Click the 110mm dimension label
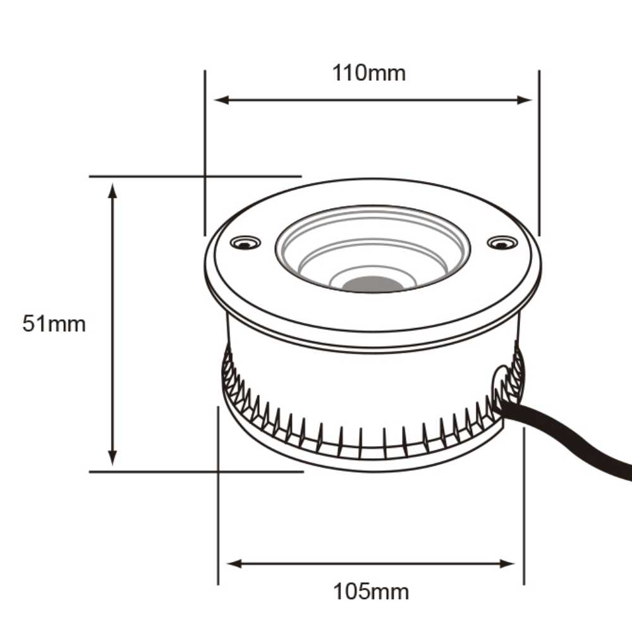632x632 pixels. click(369, 73)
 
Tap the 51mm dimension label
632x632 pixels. click(54, 324)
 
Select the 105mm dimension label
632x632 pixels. click(371, 592)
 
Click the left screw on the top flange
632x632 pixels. click(245, 242)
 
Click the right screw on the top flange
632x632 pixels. click(502, 242)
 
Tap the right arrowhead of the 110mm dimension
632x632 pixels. click(525, 100)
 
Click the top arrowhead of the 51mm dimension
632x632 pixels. click(113, 190)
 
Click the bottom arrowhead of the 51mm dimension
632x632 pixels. click(113, 458)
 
